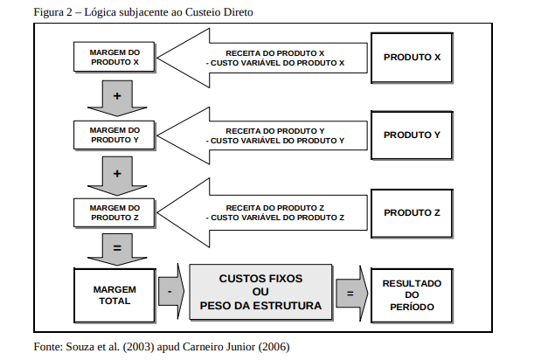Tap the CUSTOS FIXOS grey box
(261, 292)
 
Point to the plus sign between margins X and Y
(116, 95)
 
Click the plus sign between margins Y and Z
(116, 172)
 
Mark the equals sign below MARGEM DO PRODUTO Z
(116, 250)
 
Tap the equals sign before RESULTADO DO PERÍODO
(350, 294)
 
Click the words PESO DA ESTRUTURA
(261, 307)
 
